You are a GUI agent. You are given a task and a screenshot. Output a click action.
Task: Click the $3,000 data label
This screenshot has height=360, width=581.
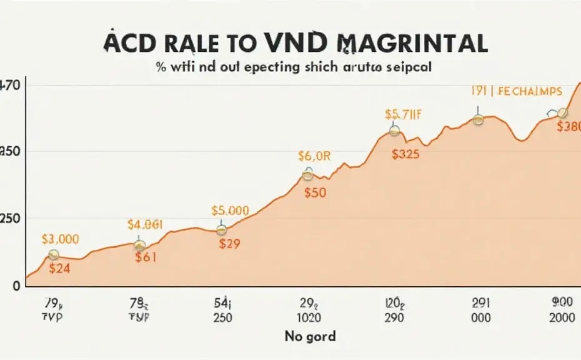(60, 239)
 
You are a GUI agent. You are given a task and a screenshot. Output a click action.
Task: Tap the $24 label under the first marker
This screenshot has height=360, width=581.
(60, 269)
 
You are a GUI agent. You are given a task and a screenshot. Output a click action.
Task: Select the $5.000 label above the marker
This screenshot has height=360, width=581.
(230, 211)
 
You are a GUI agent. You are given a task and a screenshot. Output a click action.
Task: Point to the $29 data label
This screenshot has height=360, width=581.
(229, 244)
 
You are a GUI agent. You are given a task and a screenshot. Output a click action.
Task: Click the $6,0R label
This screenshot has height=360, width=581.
(313, 157)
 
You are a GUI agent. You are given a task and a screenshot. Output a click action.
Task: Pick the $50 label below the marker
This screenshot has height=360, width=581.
(315, 192)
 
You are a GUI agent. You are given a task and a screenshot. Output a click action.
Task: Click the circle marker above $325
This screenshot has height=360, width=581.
(394, 131)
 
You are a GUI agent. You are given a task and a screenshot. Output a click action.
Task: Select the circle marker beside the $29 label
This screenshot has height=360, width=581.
(221, 230)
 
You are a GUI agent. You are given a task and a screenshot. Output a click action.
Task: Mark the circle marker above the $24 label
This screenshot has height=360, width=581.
(54, 254)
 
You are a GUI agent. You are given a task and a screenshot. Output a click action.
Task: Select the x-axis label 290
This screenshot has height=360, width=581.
(394, 317)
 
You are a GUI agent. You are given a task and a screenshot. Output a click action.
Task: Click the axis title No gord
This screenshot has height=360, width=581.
(310, 336)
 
